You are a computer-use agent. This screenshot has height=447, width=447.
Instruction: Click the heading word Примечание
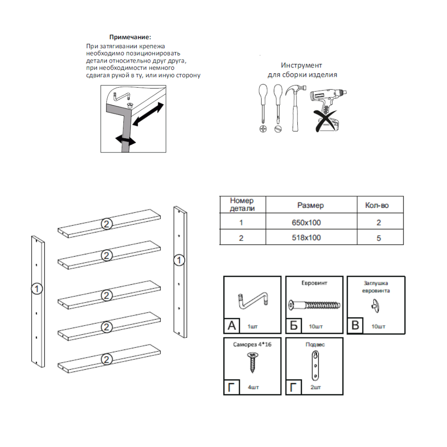pos(131,37)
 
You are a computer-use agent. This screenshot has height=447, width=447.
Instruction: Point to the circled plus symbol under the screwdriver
pos(263,129)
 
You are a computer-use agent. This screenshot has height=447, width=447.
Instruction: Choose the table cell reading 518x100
pos(310,238)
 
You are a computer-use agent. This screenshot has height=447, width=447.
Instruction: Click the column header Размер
pos(310,205)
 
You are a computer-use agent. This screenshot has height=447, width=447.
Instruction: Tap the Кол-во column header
pos(377,205)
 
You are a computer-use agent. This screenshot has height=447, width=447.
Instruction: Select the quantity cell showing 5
pos(379,238)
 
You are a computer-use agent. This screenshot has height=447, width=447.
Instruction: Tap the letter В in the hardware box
pos(355,325)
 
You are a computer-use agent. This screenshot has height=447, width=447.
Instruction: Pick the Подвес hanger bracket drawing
pos(316,365)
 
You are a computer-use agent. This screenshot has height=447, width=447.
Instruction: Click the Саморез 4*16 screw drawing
pos(252,363)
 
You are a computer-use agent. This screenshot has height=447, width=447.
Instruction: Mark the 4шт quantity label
pos(253,388)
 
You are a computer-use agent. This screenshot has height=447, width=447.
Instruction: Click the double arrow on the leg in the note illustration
pos(125,140)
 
